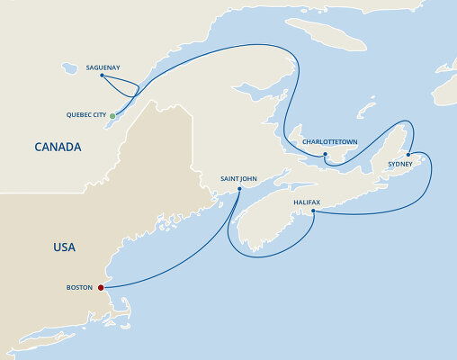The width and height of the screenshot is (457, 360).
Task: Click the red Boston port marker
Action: coord(101,288)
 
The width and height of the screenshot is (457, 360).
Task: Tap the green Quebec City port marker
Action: coord(112,116)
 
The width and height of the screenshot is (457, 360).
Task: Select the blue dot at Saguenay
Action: coord(102,76)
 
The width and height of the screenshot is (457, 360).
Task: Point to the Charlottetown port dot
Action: coord(325,154)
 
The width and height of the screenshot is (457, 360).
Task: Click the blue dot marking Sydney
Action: coord(408,153)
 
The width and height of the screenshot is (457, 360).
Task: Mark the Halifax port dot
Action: coord(312,211)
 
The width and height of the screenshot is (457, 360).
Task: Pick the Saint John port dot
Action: coord(238,189)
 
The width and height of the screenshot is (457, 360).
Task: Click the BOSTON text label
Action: coord(79,288)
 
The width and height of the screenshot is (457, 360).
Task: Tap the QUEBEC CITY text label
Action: coord(85,116)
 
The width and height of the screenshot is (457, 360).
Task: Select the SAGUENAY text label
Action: coord(102,67)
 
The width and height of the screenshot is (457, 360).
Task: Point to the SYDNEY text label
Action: coord(399,165)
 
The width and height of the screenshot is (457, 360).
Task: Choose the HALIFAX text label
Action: coord(306,202)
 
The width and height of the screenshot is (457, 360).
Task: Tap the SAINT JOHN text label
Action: coord(238,179)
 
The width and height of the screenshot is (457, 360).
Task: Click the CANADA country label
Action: coord(58,147)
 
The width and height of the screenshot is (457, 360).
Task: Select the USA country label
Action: coord(64,247)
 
